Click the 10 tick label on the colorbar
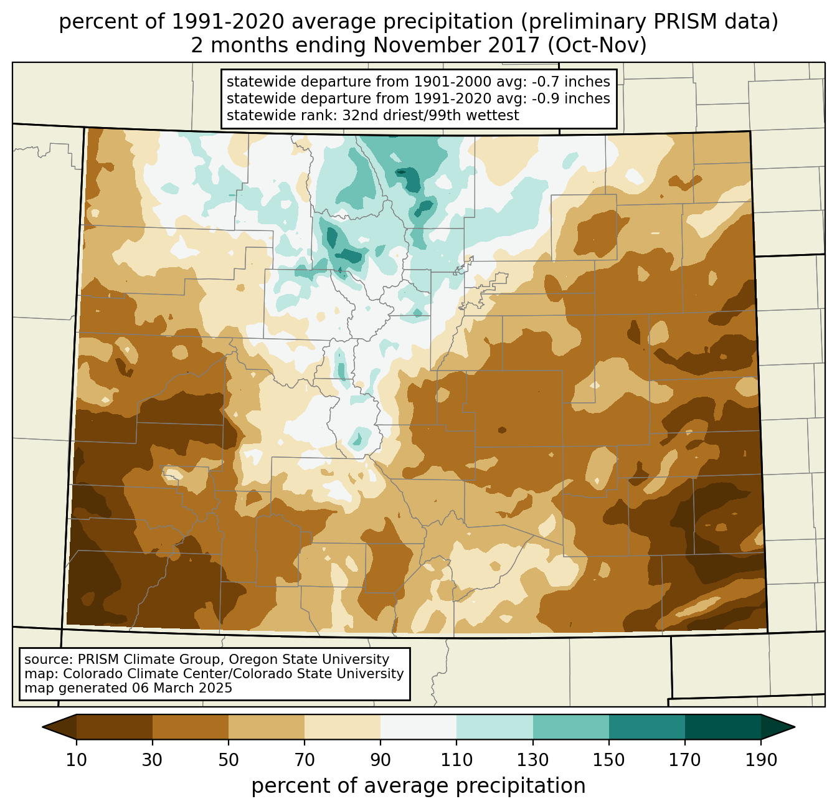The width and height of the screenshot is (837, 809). pos(77,760)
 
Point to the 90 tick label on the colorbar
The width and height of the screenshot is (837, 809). pos(381,760)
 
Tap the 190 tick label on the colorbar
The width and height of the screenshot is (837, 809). pos(761,760)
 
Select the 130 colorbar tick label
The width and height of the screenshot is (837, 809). pos(533,760)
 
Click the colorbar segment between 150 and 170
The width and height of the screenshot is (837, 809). pos(647,727)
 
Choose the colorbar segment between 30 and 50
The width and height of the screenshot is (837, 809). pos(191,727)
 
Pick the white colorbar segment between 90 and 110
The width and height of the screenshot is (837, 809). pos(418,727)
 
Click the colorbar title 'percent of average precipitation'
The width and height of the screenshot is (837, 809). pos(418,786)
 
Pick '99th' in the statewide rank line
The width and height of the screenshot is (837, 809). pos(463,115)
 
